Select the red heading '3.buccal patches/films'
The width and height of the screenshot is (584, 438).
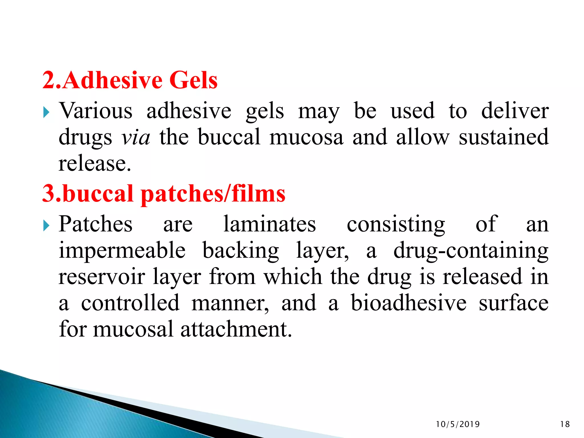pos(164,194)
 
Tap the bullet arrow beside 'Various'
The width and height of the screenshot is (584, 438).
pos(46,112)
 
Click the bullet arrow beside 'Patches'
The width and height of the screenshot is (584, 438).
pos(46,226)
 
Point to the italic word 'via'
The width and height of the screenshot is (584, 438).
pos(136,138)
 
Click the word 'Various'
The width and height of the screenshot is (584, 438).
pos(96,111)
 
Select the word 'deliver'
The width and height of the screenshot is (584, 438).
pos(515,111)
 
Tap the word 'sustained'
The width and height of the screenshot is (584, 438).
pos(504,137)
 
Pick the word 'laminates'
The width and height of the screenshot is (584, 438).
pos(269,224)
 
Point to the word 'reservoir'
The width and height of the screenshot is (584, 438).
pos(102,277)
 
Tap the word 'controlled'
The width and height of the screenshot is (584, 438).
pos(130,303)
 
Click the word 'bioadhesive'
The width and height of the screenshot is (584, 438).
pos(408,303)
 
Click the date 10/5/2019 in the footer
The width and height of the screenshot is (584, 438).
pos(458,424)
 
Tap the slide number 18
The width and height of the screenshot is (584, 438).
pos(565,424)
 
